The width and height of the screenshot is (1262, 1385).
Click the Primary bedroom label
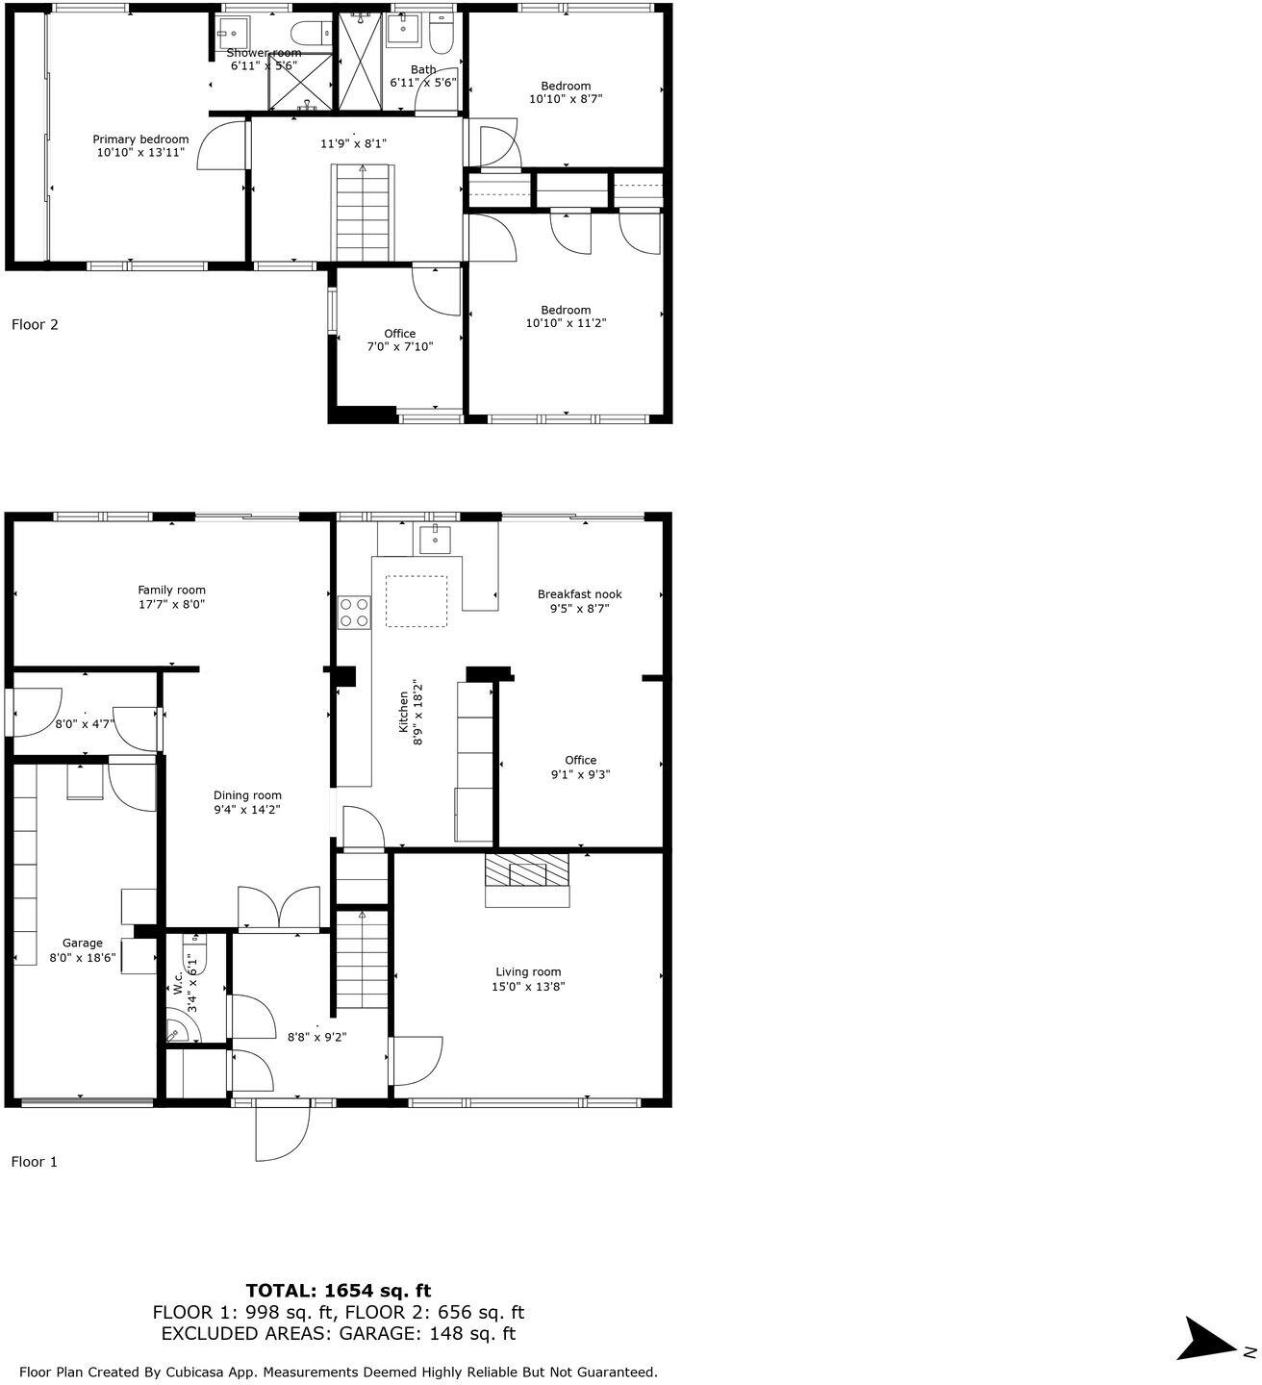pyautogui.click(x=140, y=139)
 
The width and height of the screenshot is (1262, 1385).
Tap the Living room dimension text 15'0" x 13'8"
pyautogui.click(x=528, y=986)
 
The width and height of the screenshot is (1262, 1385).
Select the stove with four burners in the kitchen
pyautogui.click(x=354, y=613)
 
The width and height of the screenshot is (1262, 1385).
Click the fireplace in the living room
pyautogui.click(x=527, y=875)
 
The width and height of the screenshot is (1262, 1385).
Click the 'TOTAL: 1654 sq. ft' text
pyautogui.click(x=339, y=1291)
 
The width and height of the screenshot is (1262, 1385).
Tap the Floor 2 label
pyautogui.click(x=35, y=325)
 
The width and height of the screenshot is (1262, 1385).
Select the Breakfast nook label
pyautogui.click(x=579, y=594)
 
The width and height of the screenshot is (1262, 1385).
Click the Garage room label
pyautogui.click(x=82, y=944)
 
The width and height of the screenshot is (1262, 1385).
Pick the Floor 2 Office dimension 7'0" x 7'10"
pyautogui.click(x=400, y=346)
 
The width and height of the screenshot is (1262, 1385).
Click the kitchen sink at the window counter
pyautogui.click(x=436, y=540)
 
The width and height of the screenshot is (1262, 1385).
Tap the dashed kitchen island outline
pyautogui.click(x=416, y=601)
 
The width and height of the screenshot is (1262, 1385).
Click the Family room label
pyautogui.click(x=171, y=591)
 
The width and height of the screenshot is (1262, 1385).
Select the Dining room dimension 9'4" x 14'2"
pyautogui.click(x=247, y=810)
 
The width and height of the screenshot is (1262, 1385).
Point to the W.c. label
pyautogui.click(x=179, y=982)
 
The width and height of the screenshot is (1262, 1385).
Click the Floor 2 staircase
pyautogui.click(x=363, y=213)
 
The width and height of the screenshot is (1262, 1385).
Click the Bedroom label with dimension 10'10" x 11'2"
pyautogui.click(x=566, y=310)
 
